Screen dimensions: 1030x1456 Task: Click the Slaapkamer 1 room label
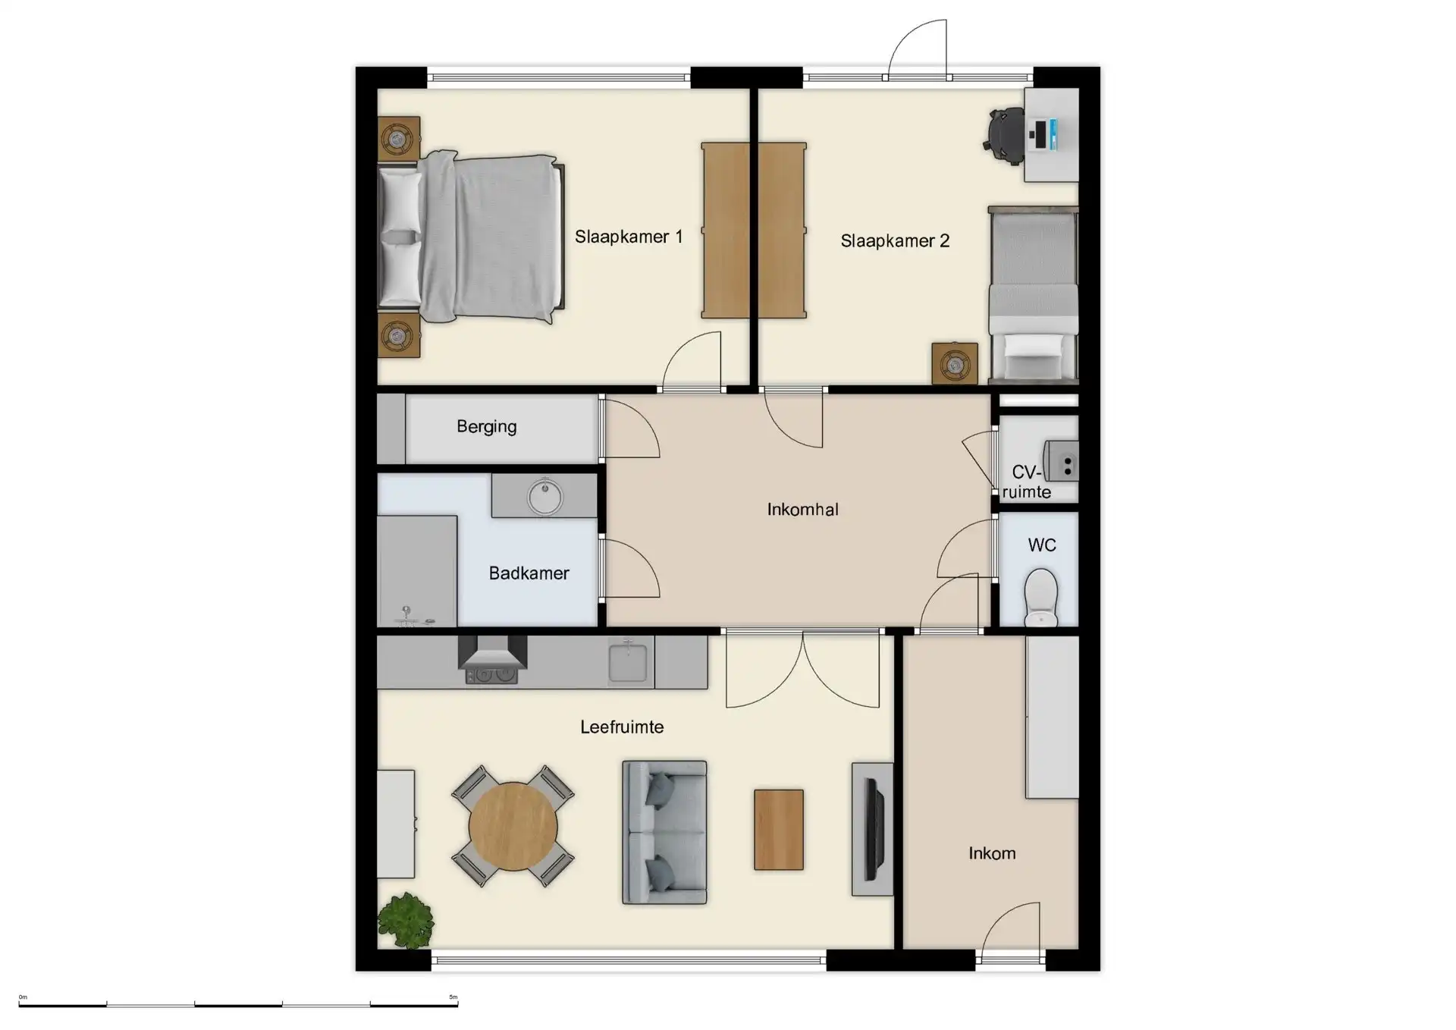click(629, 237)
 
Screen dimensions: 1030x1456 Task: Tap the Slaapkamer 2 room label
click(895, 241)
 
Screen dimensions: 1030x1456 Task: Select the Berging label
click(486, 426)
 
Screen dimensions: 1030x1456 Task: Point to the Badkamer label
click(529, 573)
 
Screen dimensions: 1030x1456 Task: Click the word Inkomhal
click(802, 510)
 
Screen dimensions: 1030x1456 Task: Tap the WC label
click(1042, 545)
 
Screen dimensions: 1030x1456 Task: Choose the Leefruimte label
click(622, 727)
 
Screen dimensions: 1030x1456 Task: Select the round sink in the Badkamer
click(544, 496)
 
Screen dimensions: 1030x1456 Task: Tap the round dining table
click(513, 827)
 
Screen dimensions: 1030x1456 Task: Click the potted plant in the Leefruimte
click(406, 920)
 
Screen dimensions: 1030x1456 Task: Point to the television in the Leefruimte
click(874, 829)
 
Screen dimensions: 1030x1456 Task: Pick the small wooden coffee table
click(779, 830)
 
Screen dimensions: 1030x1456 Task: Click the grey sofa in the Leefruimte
click(664, 832)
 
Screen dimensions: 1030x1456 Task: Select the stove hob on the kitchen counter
click(492, 674)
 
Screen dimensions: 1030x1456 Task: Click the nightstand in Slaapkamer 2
click(955, 365)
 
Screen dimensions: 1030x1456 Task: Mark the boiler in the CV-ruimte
click(1061, 461)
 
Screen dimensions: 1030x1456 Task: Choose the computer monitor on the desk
click(1050, 135)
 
